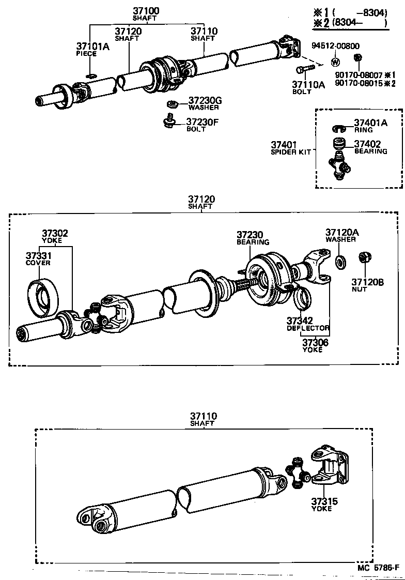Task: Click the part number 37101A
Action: pos(93,47)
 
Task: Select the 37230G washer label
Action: pos(205,101)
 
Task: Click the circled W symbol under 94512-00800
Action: pos(335,62)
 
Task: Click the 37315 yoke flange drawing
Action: pos(328,464)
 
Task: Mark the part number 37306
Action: pos(315,342)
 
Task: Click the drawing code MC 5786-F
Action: pos(378,568)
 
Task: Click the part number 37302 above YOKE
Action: pos(55,234)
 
